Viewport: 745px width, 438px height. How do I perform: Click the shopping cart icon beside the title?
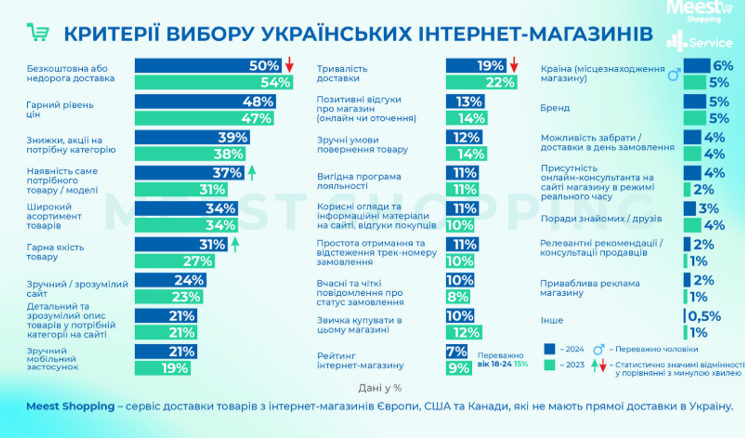(38, 33)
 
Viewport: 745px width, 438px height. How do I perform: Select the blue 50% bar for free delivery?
(208, 66)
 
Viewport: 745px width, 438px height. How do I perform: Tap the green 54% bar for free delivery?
(214, 82)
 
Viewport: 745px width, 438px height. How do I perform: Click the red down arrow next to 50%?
(289, 64)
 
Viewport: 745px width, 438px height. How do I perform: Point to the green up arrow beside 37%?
(252, 172)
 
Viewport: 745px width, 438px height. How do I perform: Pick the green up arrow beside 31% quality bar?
(235, 244)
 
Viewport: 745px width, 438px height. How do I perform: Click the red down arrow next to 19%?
(514, 64)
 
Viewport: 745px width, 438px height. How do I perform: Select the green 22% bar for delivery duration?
(481, 82)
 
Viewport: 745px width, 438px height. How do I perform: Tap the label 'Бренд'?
(555, 108)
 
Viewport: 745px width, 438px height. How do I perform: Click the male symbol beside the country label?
(674, 74)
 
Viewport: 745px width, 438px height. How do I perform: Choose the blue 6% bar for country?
(697, 66)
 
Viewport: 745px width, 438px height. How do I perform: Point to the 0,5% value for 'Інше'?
(704, 316)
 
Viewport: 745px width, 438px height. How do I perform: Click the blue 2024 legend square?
(549, 349)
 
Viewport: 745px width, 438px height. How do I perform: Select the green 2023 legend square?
(549, 365)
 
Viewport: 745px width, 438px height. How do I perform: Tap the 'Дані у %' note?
(380, 388)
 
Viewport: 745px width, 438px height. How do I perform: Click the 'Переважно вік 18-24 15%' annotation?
(502, 360)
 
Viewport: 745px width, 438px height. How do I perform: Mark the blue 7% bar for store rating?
(457, 351)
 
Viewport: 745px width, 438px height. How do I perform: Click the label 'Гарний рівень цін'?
(59, 110)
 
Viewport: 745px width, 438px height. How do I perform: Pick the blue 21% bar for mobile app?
(166, 351)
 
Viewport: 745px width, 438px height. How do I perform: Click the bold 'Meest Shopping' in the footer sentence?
(71, 406)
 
